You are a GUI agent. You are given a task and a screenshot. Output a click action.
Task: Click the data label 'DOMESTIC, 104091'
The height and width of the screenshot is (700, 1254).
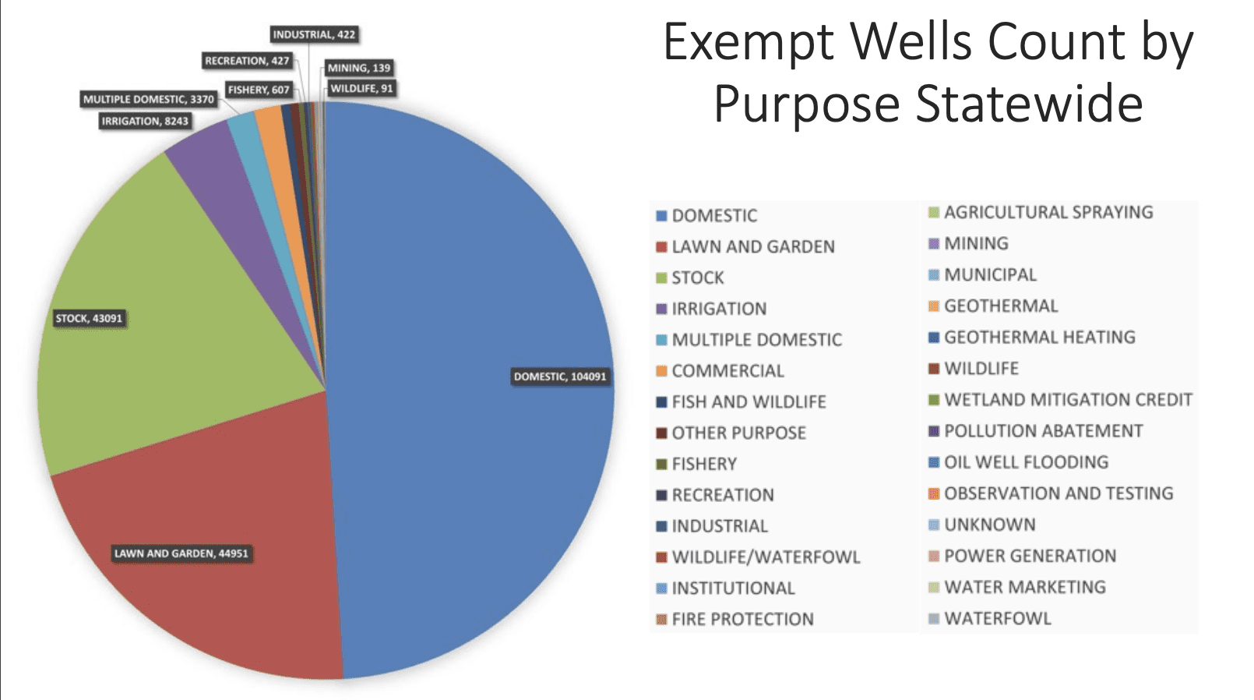pos(559,377)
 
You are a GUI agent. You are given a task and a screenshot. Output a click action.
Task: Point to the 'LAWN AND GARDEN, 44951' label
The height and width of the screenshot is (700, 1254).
pos(181,553)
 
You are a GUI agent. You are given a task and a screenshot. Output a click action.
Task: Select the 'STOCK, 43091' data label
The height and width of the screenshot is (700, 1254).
pos(89,318)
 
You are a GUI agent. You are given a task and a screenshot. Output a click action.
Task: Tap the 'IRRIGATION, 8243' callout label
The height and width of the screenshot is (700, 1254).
pos(145,121)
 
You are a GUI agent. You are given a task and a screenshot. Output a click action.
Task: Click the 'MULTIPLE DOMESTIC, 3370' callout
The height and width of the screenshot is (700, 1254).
pos(148,99)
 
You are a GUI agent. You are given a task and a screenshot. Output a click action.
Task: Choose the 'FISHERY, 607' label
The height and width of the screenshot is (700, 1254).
pos(258,90)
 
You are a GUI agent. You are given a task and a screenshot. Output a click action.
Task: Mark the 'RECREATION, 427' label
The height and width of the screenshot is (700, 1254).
pos(247,60)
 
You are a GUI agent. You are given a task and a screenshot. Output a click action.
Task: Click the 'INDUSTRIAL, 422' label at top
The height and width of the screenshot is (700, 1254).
pos(314,34)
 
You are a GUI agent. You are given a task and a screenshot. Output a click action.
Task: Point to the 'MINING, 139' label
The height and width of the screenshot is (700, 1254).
pos(358,68)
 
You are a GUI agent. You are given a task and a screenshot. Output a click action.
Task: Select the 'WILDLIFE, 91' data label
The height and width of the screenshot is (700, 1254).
pos(361,88)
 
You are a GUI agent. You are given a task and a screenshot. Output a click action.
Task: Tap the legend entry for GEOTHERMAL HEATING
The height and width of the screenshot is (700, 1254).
pos(1039,338)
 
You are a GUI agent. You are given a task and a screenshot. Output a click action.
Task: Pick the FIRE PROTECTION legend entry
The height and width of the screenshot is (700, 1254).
pos(742,620)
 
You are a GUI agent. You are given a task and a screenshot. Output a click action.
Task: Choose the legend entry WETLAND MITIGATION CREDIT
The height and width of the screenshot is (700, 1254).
pos(1068,400)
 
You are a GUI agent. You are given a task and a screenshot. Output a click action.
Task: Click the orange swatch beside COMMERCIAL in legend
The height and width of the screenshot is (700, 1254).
pos(661,371)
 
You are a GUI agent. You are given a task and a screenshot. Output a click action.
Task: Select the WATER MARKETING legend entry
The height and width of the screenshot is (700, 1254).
pos(1024,587)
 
